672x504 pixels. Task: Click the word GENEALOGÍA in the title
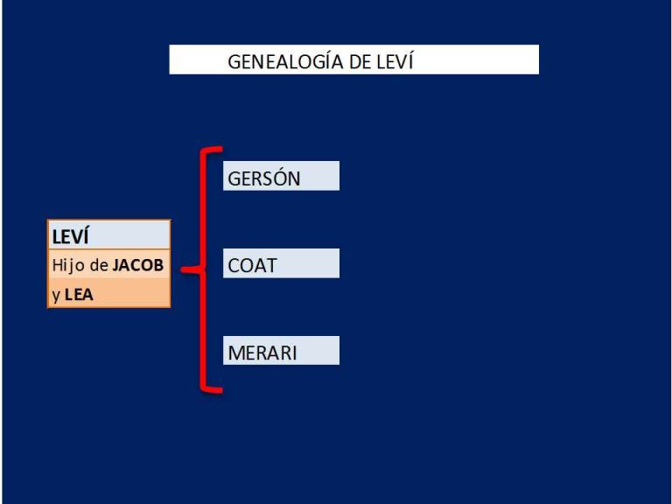(286, 61)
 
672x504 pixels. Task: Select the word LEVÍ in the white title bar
(395, 61)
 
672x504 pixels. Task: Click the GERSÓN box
(281, 176)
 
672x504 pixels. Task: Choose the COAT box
(281, 263)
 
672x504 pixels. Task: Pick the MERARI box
(281, 351)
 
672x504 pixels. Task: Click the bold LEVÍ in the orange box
(70, 235)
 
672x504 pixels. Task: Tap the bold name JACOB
(138, 265)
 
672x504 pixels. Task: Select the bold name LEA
(79, 295)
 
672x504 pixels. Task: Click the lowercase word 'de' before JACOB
(99, 265)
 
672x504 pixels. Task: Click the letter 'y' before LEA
(56, 296)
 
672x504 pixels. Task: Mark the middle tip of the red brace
(182, 269)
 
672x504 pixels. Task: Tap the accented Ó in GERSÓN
(278, 177)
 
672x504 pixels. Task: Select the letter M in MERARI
(237, 353)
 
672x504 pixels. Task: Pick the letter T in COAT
(270, 266)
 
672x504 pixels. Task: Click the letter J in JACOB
(116, 266)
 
